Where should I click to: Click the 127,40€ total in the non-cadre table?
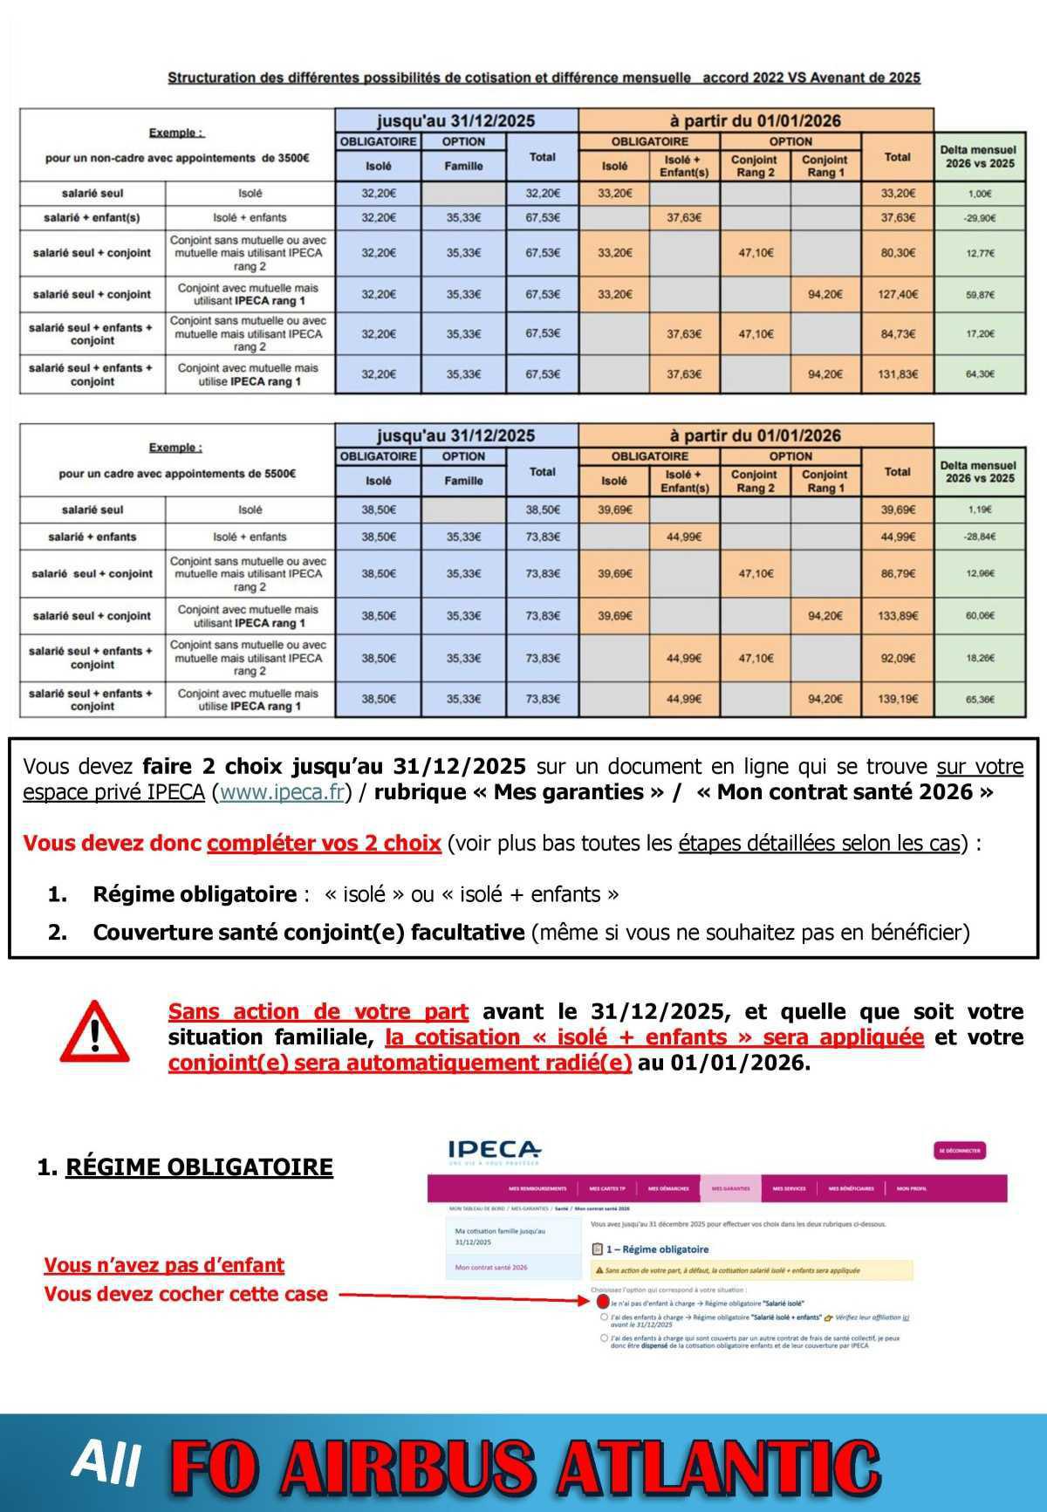point(897,294)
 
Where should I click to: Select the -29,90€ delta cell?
point(979,218)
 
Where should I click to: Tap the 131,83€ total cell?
point(897,374)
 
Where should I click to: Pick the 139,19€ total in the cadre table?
point(897,699)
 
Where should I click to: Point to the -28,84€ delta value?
point(979,537)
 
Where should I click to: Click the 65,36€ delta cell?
point(979,699)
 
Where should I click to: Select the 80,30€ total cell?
point(897,253)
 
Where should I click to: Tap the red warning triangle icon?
point(94,1033)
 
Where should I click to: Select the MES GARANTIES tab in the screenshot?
point(730,1188)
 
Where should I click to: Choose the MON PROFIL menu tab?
point(912,1188)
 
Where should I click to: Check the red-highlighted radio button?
point(604,1301)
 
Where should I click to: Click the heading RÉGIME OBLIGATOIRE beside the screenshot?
point(199,1167)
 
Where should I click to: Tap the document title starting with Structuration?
point(544,78)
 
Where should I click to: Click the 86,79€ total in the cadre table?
point(897,574)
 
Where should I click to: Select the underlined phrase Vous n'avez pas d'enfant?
point(164,1265)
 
